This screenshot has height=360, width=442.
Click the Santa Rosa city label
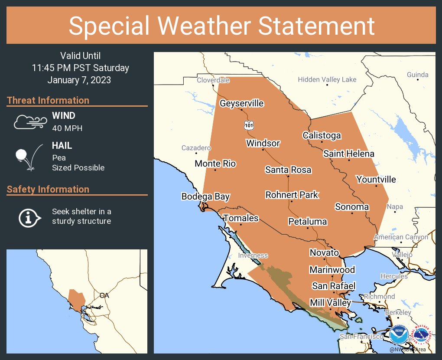(x=288, y=170)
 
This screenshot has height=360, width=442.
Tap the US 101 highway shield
(x=248, y=125)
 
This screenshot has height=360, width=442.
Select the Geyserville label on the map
(x=241, y=103)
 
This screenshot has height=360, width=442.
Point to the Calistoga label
(x=322, y=135)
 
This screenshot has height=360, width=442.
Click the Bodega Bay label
(x=205, y=196)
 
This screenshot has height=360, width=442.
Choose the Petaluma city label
(x=308, y=222)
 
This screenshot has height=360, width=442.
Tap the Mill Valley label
(x=330, y=302)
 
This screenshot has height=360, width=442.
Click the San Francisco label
(x=361, y=337)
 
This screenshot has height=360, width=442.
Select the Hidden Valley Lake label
(x=327, y=79)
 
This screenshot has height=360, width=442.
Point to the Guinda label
(x=418, y=75)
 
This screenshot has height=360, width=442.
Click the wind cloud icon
(x=29, y=122)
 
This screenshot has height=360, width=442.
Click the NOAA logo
(x=399, y=335)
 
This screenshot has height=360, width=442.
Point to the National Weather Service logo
(x=422, y=335)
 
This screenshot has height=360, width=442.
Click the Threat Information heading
(x=48, y=100)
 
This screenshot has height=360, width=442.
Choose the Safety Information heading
(x=48, y=189)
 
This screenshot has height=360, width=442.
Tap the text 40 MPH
(x=67, y=128)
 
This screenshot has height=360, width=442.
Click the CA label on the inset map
(x=104, y=295)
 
